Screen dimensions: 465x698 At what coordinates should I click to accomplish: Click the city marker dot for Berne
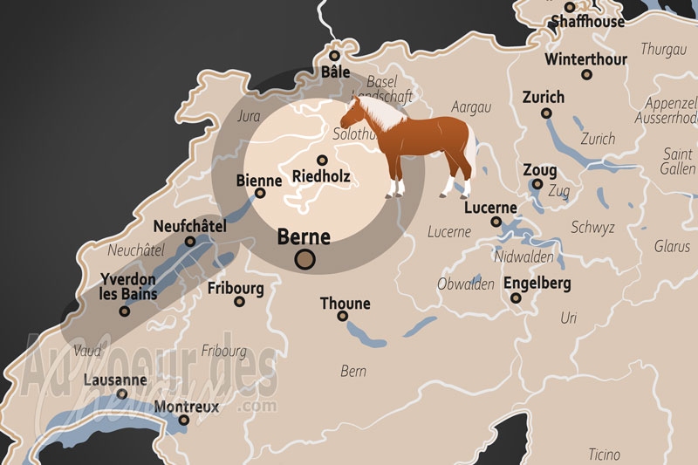(305, 257)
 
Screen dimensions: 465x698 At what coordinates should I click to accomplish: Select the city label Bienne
(259, 181)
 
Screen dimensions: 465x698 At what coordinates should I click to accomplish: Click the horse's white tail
(471, 148)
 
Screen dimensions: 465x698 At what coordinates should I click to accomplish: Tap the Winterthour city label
(585, 59)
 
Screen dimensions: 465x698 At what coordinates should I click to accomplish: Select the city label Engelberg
(537, 284)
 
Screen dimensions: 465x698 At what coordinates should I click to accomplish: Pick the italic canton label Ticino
(604, 455)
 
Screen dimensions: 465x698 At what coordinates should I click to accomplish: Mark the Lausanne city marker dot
(122, 393)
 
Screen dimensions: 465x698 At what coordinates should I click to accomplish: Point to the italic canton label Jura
(250, 115)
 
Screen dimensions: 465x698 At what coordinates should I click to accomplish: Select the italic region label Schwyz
(592, 228)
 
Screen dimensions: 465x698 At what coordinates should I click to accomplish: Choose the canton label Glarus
(672, 246)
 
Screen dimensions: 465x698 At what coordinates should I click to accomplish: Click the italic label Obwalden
(466, 285)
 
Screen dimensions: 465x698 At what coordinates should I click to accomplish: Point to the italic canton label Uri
(569, 318)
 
